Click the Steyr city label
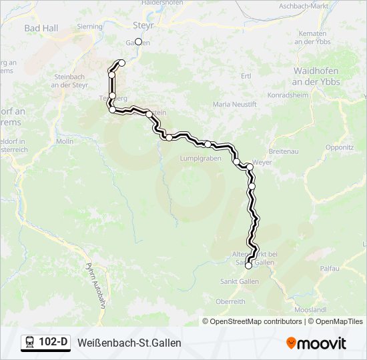click(143, 24)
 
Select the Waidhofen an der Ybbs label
click(317, 77)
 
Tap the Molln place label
click(65, 142)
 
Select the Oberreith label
click(231, 301)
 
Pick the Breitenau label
click(282, 152)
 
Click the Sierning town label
click(91, 27)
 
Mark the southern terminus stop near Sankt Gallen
click(249, 265)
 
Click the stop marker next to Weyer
click(249, 167)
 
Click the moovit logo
click(316, 343)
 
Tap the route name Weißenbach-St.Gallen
click(129, 343)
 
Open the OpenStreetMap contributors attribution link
click(256, 321)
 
